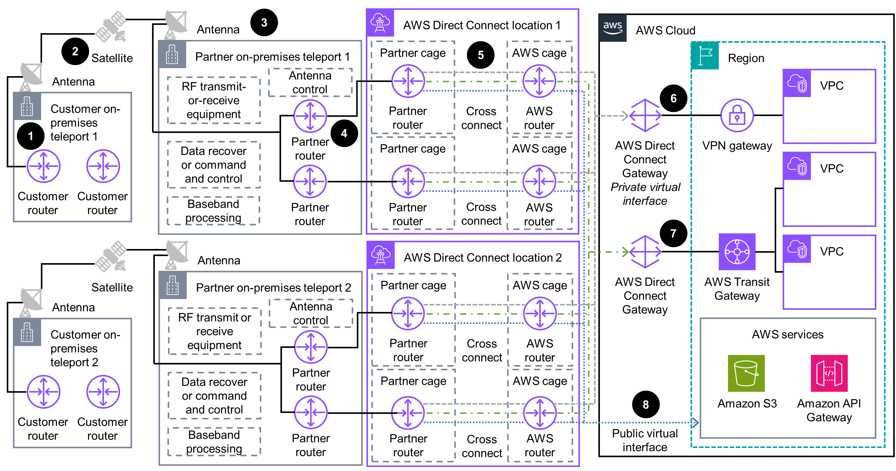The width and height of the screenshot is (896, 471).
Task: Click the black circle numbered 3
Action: pos(264,23)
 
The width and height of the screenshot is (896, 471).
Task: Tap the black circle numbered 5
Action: pos(480,55)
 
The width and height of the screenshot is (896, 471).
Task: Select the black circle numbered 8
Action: pos(646,404)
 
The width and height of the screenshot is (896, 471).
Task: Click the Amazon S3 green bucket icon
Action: pos(746,373)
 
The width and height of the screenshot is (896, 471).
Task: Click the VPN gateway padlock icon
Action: pos(737,115)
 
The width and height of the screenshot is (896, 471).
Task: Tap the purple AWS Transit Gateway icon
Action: pos(737,252)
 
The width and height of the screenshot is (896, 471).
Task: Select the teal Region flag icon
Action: pos(705,56)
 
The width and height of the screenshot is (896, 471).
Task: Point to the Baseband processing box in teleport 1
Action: pos(213,211)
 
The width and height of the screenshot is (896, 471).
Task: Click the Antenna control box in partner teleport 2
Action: pos(311,313)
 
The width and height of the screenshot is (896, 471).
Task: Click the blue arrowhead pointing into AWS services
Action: pos(694,423)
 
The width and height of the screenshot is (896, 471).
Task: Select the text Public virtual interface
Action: pos(644,440)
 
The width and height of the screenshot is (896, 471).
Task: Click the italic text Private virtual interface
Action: pos(645,194)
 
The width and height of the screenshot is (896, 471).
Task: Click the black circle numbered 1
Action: pos(31,136)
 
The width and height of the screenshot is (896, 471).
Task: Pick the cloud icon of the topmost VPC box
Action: pos(796,83)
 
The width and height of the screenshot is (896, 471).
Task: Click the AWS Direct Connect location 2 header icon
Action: pos(381,255)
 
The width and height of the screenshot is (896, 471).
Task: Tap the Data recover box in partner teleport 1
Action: pos(213,165)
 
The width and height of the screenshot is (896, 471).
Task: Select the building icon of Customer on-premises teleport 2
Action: pos(27,332)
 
